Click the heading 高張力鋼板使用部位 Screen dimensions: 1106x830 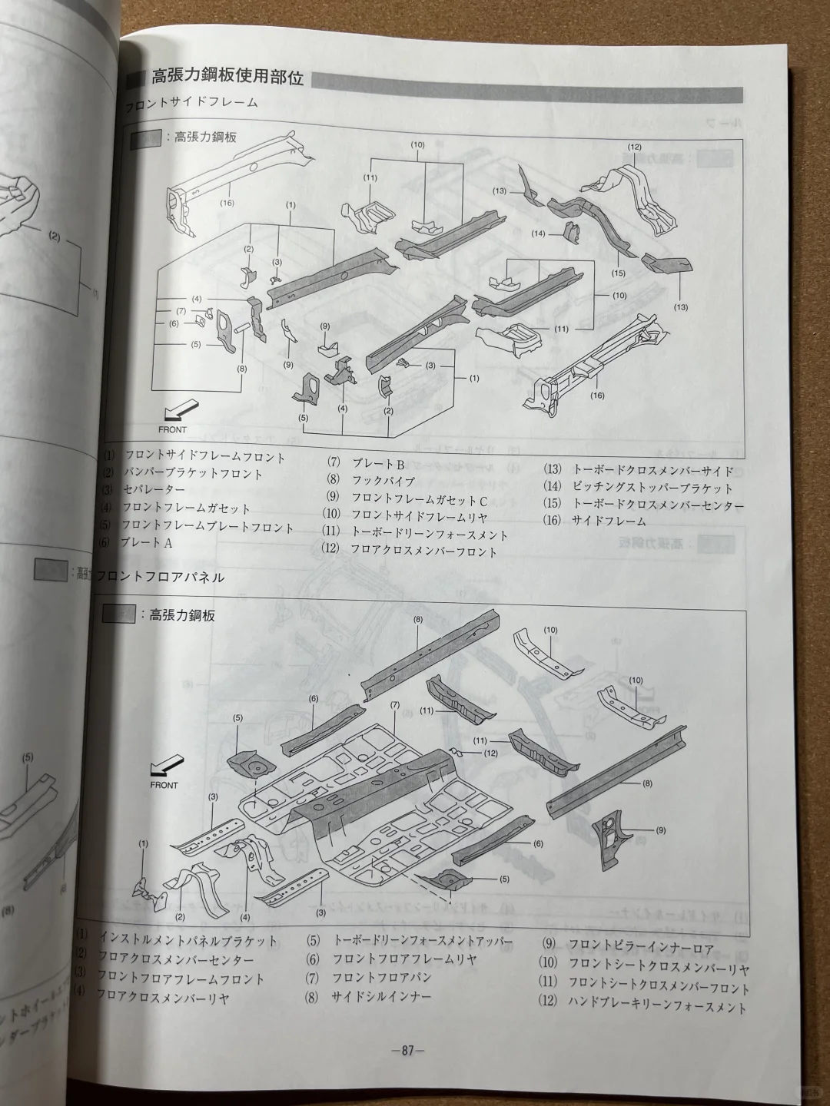227,78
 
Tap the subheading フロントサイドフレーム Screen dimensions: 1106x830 191,102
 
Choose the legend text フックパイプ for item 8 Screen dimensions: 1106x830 383,481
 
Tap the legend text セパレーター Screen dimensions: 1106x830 153,490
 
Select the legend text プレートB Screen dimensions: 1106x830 378,463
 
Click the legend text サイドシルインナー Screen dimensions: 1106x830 381,997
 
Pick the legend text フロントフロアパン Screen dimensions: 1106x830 382,978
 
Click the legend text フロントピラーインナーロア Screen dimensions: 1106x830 641,949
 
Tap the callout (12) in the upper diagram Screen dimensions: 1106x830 634,147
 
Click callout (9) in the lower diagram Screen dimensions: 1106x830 661,830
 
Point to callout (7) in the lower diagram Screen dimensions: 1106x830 395,705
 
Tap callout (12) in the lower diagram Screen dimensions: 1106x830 491,753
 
